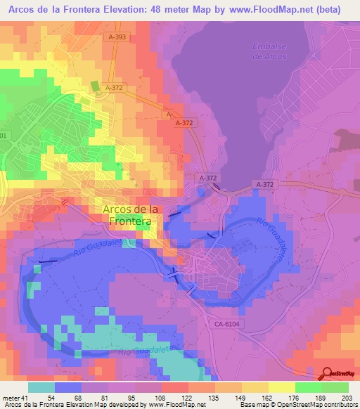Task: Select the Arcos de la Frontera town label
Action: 130,215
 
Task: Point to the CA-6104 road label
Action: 226,323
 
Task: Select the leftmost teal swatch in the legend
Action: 41,387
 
